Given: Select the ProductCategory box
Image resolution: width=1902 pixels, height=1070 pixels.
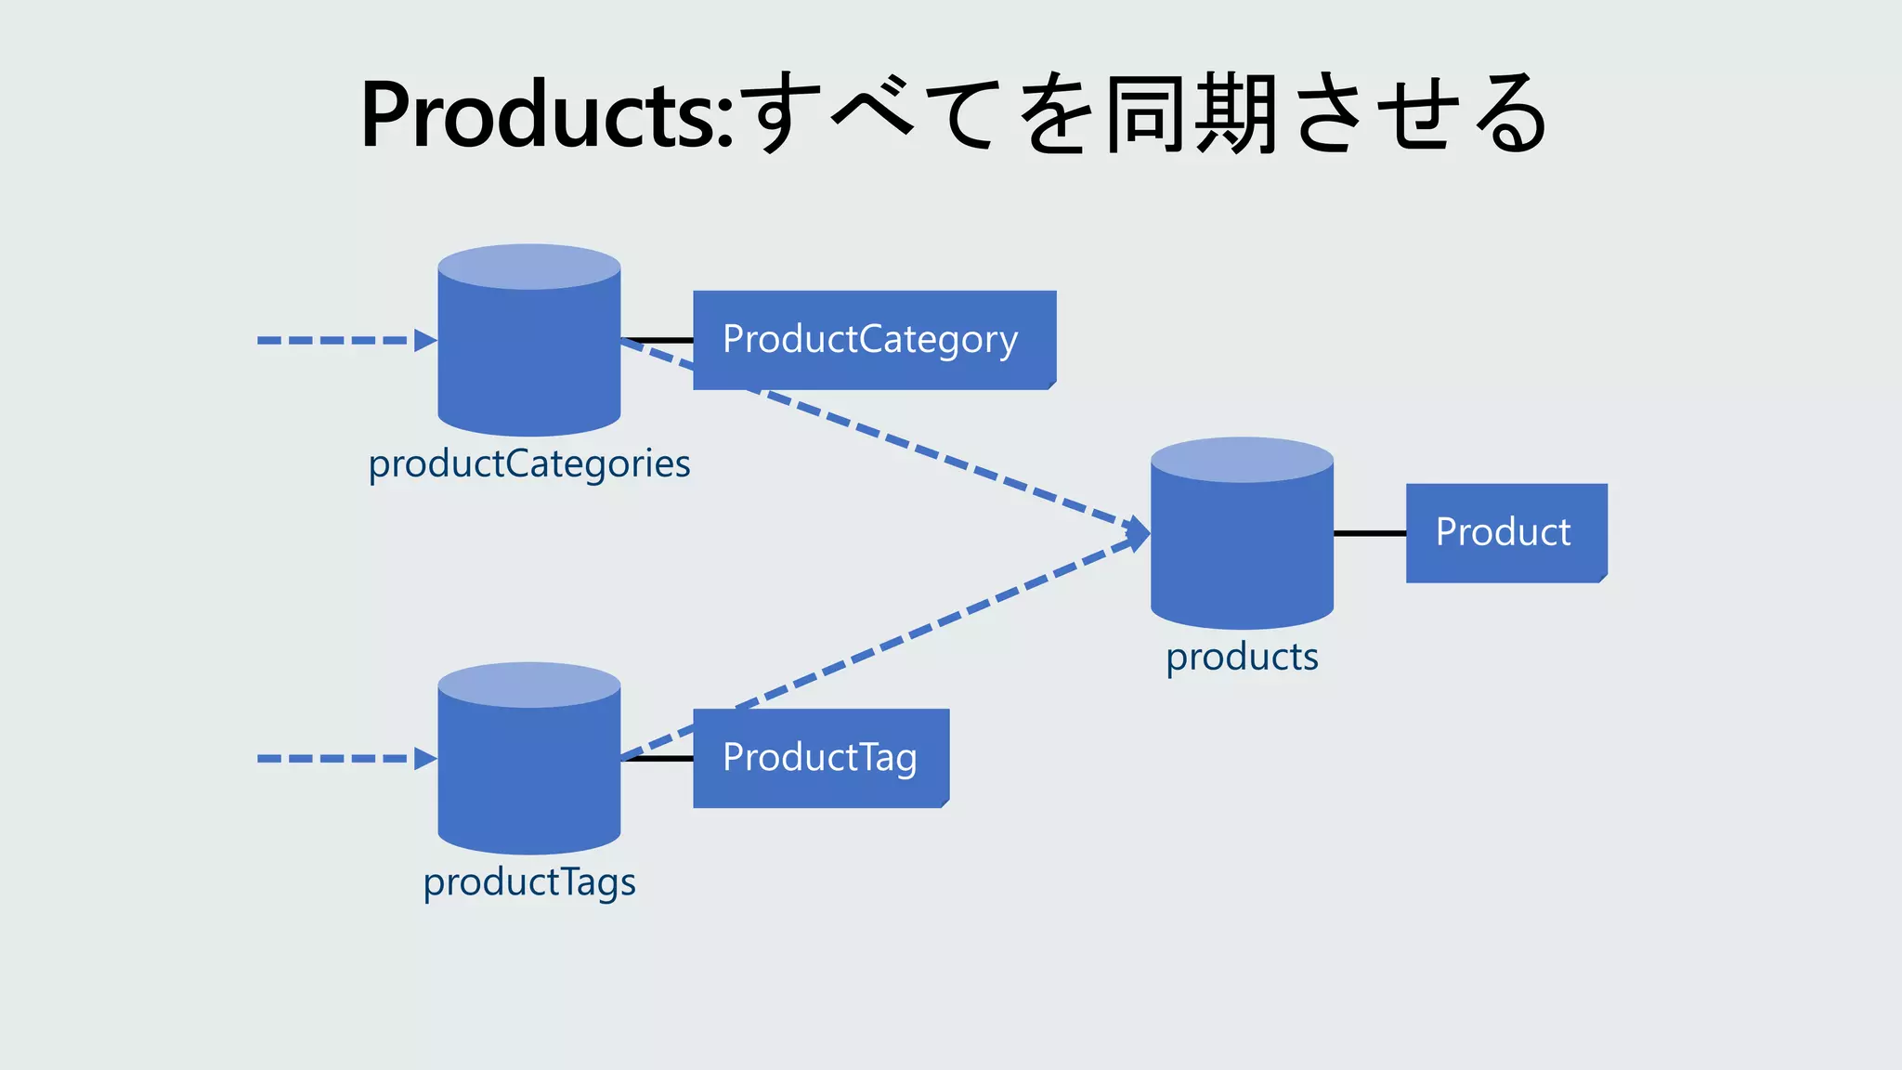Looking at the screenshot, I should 874,340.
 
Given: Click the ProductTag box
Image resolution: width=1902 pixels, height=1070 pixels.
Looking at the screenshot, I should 820,758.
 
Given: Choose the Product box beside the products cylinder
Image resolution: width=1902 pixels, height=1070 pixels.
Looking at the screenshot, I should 1505,533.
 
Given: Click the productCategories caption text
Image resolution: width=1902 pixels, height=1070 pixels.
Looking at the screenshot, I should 529,463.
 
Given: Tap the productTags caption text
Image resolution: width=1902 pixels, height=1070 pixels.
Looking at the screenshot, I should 529,881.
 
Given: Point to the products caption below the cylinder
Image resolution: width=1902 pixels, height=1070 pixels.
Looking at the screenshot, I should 1242,657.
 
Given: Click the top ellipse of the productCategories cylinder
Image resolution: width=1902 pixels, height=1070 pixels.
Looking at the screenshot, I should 529,267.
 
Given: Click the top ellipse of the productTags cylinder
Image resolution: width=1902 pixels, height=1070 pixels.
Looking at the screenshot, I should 529,685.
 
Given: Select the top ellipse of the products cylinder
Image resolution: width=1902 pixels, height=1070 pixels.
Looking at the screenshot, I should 1242,460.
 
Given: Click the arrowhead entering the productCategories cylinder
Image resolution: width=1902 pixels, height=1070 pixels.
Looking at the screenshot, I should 425,341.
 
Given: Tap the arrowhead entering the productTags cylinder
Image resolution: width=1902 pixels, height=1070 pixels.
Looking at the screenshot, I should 425,759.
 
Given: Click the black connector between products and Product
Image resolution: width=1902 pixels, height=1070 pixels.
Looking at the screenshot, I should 1369,533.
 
